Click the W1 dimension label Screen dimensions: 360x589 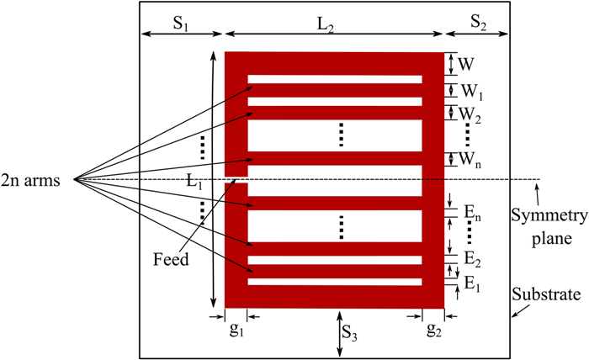click(x=470, y=90)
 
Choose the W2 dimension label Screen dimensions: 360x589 click(x=470, y=112)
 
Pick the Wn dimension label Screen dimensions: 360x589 click(x=470, y=157)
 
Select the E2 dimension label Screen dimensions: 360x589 click(x=471, y=257)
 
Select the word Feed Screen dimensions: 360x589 click(x=172, y=260)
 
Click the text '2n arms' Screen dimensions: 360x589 click(x=37, y=178)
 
